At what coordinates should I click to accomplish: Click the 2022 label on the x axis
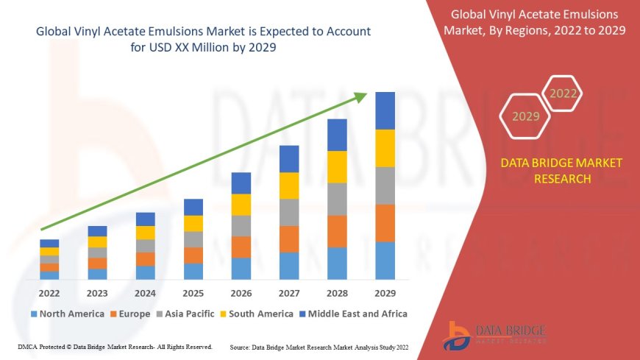coord(49,293)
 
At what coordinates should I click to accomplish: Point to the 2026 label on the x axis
coord(241,293)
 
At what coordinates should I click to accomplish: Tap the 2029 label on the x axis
coord(385,293)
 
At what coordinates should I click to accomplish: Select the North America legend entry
coord(67,314)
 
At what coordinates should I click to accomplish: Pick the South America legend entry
coord(257,314)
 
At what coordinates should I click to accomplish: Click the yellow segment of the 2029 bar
coord(385,148)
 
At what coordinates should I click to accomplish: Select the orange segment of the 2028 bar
coord(337,231)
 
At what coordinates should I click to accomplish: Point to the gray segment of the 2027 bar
coord(288,212)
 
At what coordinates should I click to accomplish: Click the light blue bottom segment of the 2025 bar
coord(193,272)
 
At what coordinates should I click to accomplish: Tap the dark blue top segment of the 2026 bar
coord(241,183)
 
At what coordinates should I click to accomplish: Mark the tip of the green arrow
coord(366,93)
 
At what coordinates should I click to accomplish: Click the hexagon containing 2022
coord(563,93)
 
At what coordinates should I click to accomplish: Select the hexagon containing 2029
coord(525,116)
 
